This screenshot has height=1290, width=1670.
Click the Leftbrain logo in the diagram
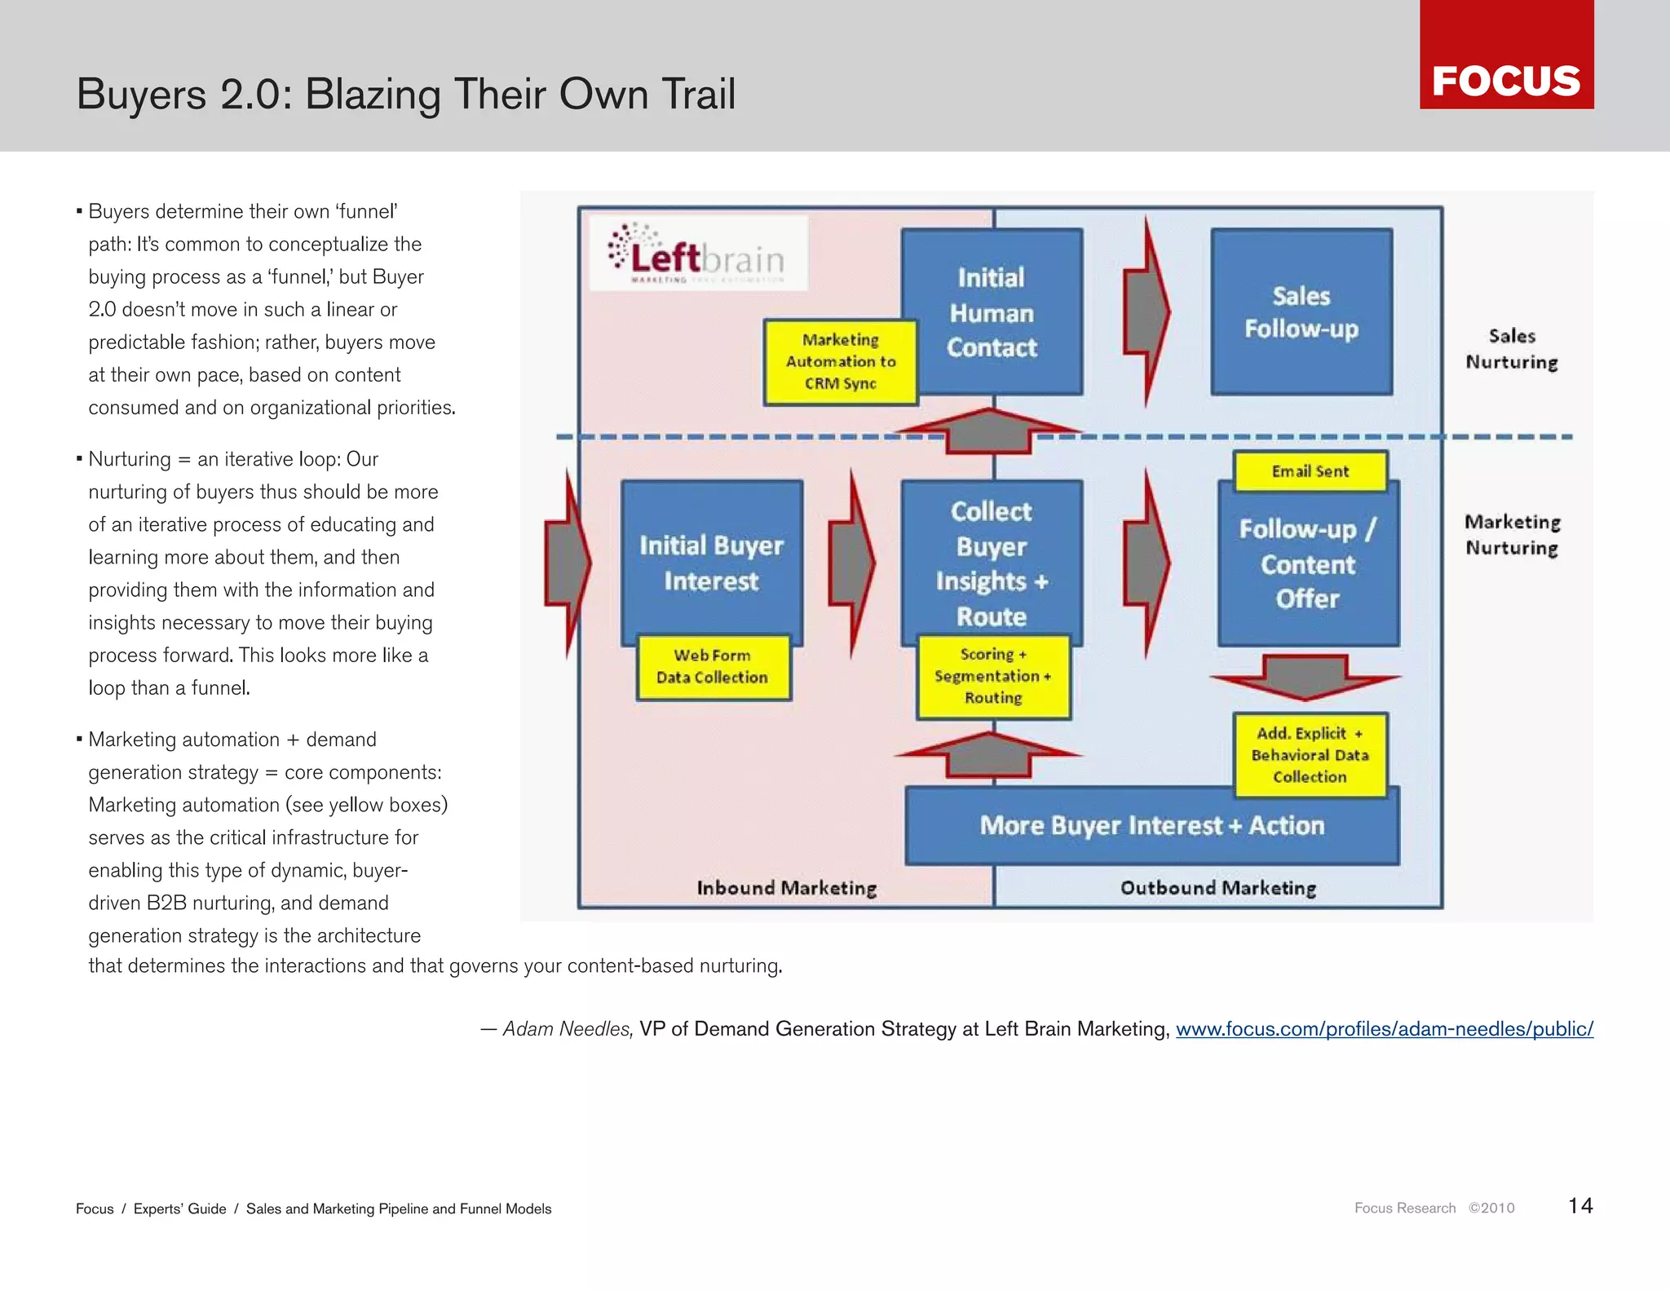pyautogui.click(x=698, y=254)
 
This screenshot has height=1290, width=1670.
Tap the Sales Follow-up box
pyautogui.click(x=1301, y=312)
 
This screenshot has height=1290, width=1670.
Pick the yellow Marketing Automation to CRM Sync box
pyautogui.click(x=840, y=362)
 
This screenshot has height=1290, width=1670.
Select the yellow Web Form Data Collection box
pyautogui.click(x=713, y=667)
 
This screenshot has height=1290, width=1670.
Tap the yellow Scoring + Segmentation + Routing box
pyautogui.click(x=993, y=677)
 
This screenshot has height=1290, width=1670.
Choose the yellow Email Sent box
pyautogui.click(x=1310, y=471)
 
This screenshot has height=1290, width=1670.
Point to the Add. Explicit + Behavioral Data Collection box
pyautogui.click(x=1310, y=755)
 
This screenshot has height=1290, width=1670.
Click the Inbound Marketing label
pyautogui.click(x=786, y=888)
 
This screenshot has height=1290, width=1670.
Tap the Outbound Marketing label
pyautogui.click(x=1218, y=888)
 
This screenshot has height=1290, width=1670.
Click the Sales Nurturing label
pyautogui.click(x=1512, y=349)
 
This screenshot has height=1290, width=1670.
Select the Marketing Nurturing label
pyautogui.click(x=1512, y=535)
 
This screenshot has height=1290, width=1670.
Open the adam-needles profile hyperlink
pyautogui.click(x=1384, y=1029)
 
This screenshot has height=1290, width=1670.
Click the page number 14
pyautogui.click(x=1579, y=1206)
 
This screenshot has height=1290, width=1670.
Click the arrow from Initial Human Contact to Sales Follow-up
pyautogui.click(x=1146, y=312)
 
